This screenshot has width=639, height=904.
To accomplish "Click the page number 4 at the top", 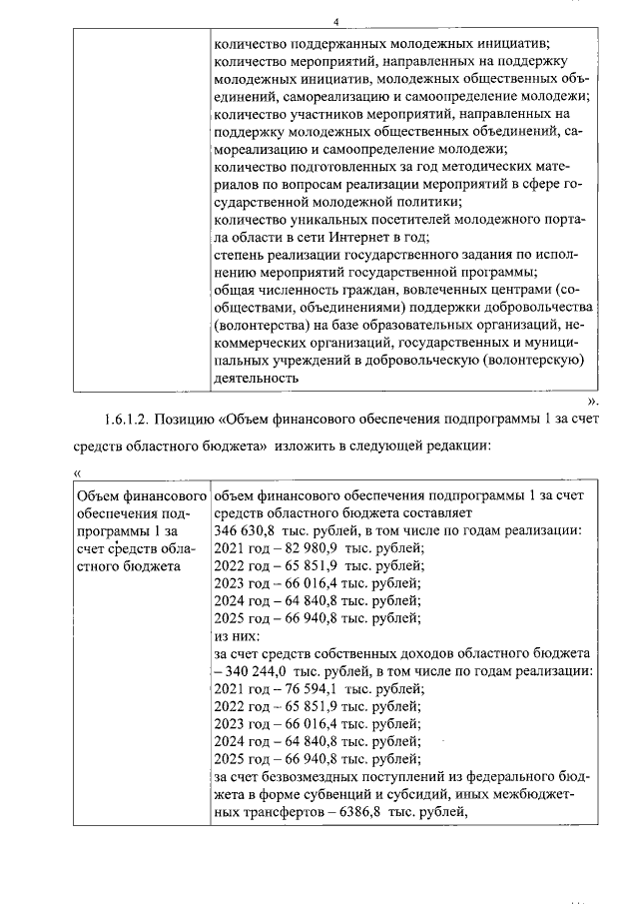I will tap(336, 22).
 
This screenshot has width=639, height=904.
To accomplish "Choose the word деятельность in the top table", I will tap(257, 379).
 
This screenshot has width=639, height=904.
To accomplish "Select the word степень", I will tap(240, 255).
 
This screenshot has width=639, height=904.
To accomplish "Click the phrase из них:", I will tap(237, 635).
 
